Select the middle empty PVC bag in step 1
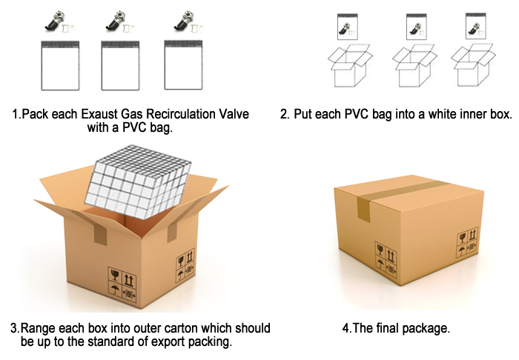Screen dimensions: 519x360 click(x=120, y=65)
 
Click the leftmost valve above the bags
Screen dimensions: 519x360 click(x=59, y=23)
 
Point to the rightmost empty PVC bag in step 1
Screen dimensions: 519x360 click(x=183, y=65)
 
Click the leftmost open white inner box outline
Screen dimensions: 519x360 click(x=350, y=66)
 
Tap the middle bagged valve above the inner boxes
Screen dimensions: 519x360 click(x=417, y=27)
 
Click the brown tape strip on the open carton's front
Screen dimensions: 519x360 click(x=100, y=234)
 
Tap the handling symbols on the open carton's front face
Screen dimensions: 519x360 click(x=122, y=284)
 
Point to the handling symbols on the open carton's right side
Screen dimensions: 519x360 click(x=185, y=267)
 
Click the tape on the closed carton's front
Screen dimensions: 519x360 click(x=364, y=209)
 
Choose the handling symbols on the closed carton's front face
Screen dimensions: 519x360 click(x=386, y=259)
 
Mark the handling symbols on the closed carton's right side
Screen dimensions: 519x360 click(x=468, y=242)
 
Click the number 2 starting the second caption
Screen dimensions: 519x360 click(x=283, y=114)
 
